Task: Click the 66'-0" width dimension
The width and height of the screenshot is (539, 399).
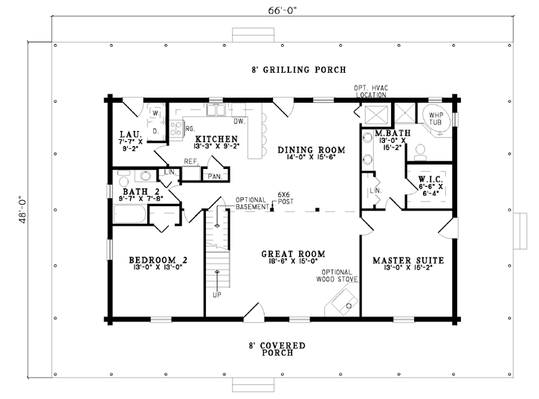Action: (283, 10)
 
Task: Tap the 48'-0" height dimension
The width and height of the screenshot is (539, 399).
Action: (23, 210)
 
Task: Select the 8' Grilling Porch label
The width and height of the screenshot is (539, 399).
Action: (299, 70)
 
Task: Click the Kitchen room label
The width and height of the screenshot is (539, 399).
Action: (216, 138)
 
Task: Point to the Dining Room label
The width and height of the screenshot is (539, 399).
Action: (312, 150)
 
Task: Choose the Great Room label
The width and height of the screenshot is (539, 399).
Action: (293, 254)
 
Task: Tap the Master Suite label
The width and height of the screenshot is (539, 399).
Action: (408, 261)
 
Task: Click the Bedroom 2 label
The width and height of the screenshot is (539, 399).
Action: (158, 260)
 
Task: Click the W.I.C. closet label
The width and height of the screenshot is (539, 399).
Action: (430, 179)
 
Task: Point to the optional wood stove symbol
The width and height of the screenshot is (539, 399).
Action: (342, 301)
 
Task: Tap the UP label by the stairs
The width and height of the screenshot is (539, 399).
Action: (217, 295)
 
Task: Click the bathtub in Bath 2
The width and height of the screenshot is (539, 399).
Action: (130, 214)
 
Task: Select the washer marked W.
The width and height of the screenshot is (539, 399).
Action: (155, 112)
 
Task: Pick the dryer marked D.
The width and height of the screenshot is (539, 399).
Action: (155, 131)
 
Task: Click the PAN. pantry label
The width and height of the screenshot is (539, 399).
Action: (215, 176)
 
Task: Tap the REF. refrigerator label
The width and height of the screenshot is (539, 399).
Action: (191, 162)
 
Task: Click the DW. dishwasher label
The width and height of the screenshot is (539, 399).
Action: (239, 121)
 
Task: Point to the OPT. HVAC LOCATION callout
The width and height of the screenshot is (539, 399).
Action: (371, 92)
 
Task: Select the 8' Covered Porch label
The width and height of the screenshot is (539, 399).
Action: (277, 349)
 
